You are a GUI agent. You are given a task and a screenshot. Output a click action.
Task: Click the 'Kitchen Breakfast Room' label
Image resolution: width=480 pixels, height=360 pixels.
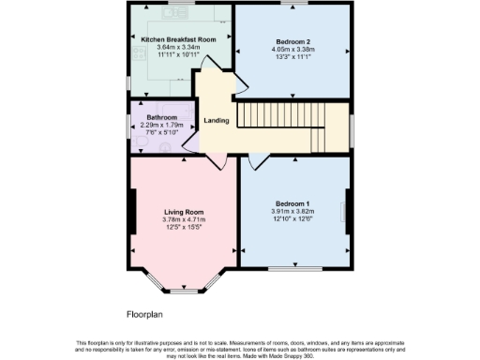[178, 39]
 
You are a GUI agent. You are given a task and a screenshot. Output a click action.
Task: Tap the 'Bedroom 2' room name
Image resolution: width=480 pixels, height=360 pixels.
[292, 40]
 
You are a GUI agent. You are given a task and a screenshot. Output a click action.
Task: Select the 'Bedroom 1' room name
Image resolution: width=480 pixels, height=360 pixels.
[292, 203]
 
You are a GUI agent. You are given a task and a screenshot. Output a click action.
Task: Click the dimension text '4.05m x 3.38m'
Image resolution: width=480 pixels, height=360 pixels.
[292, 49]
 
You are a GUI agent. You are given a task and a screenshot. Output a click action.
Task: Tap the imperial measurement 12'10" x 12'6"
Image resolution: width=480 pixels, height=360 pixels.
[292, 219]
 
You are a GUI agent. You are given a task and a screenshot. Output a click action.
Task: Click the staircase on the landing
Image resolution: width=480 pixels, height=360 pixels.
[281, 116]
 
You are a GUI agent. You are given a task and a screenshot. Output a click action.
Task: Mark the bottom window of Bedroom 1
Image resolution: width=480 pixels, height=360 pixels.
[292, 269]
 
